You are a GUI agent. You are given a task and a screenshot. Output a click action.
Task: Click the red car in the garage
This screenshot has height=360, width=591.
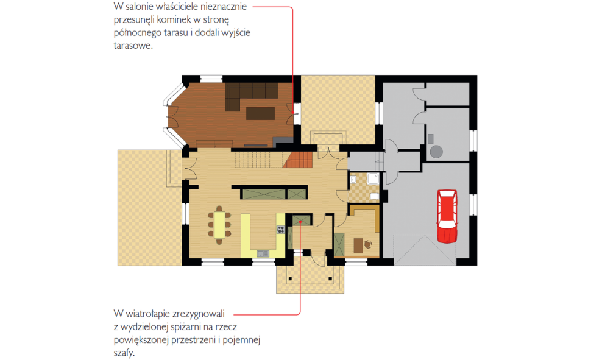click(447, 216)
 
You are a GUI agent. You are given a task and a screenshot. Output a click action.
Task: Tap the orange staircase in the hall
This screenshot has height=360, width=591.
click(298, 159)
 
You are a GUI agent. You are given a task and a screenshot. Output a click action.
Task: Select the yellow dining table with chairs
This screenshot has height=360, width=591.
click(220, 225)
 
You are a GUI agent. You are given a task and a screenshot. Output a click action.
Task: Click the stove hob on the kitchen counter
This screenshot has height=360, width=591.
click(280, 229)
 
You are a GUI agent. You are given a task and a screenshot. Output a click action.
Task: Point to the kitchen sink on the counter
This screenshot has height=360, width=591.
click(263, 253)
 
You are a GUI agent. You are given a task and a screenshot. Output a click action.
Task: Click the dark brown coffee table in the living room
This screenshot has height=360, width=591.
click(260, 113)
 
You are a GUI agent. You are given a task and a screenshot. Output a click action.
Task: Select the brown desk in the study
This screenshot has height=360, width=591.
click(358, 245)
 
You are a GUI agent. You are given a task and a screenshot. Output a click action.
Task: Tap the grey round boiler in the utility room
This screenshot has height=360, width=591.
click(436, 152)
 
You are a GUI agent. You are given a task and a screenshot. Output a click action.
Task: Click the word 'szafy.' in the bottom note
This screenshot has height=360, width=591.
click(124, 353)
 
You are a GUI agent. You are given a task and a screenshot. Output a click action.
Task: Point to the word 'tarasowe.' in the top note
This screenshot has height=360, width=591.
click(133, 46)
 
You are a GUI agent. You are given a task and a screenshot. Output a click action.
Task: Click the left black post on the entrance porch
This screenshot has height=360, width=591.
click(290, 278)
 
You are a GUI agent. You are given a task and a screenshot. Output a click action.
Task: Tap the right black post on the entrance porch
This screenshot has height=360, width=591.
click(330, 278)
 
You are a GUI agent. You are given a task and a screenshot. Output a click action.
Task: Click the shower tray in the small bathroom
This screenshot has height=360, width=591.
click(373, 178)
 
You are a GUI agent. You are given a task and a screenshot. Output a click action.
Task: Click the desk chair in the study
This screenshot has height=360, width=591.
click(368, 245)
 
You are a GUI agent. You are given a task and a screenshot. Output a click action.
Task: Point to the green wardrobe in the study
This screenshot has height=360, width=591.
click(339, 244)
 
